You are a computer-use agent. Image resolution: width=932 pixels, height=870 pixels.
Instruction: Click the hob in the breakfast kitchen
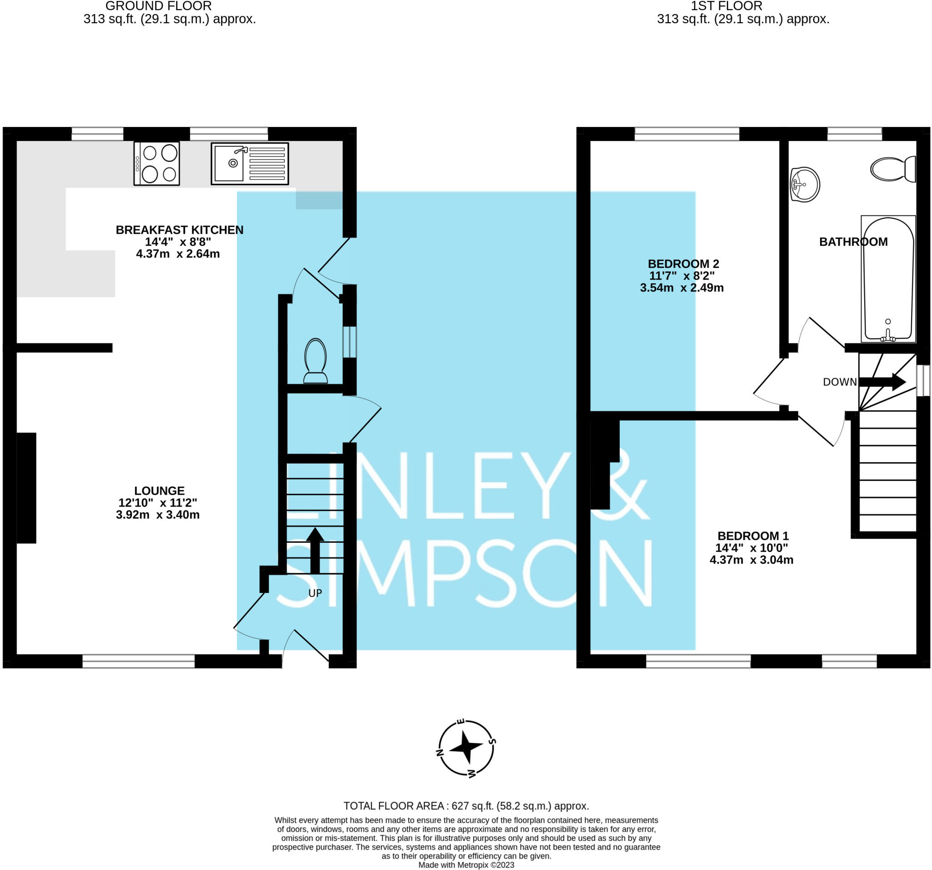157,164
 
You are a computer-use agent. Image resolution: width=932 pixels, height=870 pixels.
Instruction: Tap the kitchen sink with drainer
249,164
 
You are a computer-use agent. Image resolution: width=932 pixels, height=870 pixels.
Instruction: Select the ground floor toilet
315,360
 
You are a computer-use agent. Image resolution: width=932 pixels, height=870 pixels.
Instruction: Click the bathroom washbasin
805,184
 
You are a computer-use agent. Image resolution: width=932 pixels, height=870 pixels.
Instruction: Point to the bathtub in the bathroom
888,279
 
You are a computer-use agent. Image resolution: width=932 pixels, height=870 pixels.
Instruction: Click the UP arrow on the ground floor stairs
315,550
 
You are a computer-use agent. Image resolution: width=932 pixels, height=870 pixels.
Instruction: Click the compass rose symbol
466,748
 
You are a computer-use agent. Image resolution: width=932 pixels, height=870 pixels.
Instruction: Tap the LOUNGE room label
159,491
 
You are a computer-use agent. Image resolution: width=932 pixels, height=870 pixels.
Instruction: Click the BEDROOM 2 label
683,264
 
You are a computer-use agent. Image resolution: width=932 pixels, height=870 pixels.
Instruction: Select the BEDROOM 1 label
753,536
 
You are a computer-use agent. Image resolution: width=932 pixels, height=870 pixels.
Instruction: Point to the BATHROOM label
853,242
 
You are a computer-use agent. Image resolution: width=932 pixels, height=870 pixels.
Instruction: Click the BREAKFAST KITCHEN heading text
180,230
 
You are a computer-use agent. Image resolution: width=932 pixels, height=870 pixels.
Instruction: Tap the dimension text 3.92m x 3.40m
157,515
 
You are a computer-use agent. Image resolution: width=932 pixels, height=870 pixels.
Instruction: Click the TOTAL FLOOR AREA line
466,806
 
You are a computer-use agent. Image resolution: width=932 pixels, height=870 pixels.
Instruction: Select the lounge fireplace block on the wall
26,488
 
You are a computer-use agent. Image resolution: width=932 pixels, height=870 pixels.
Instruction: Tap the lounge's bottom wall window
138,661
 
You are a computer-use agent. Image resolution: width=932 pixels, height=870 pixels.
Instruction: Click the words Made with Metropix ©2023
466,865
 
